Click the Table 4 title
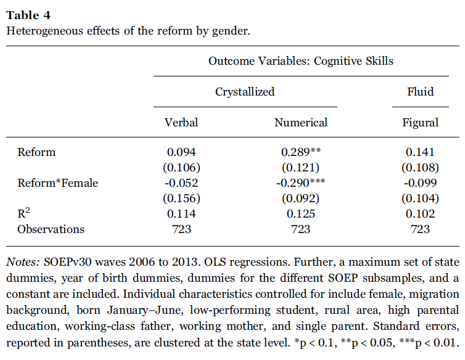[28, 15]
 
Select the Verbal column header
[181, 123]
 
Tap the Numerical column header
[301, 123]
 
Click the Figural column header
[420, 123]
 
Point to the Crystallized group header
[245, 92]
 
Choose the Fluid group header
[420, 91]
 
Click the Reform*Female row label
[57, 183]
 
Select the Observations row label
[51, 229]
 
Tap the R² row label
[23, 213]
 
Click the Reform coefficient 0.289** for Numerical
[301, 152]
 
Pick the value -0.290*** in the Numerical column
[301, 182]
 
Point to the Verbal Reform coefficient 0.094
[181, 152]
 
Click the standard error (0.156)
[181, 198]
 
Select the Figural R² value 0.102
[420, 214]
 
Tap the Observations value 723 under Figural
[420, 229]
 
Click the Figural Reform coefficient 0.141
[420, 152]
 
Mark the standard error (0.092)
[301, 198]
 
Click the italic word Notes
[23, 262]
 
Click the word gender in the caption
[231, 31]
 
